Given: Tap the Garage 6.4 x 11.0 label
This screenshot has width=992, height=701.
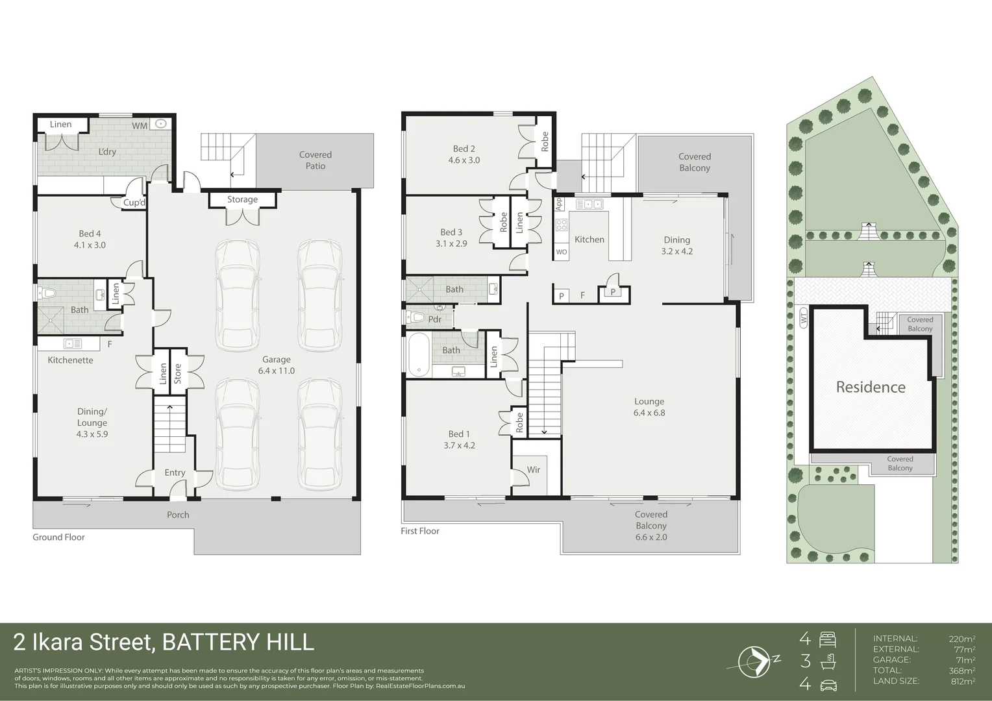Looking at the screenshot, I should click(x=276, y=365).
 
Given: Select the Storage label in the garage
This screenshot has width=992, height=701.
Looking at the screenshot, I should click(x=242, y=200).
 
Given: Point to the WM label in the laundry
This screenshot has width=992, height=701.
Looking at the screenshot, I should click(x=140, y=125).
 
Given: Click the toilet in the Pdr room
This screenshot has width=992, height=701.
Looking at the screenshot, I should click(x=417, y=318).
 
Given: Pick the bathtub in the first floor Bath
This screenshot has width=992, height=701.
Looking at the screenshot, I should click(x=419, y=354).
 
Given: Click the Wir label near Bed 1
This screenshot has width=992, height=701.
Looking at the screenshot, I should click(x=534, y=470).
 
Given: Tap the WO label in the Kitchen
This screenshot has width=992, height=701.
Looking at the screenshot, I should click(x=562, y=252).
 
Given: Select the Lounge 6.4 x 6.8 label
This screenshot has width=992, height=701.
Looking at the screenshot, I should click(x=649, y=407).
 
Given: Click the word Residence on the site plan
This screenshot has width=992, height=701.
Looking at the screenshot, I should click(x=870, y=387).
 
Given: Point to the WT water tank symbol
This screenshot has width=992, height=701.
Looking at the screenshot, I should click(x=803, y=319).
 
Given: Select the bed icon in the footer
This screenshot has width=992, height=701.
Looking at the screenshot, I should click(x=828, y=639).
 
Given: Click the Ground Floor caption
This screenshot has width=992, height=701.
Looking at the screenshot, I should click(x=59, y=537).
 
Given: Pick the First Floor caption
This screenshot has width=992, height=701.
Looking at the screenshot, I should click(x=420, y=531).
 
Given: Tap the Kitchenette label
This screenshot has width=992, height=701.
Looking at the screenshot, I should click(x=70, y=360).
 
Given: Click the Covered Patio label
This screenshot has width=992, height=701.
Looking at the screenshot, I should click(x=316, y=160).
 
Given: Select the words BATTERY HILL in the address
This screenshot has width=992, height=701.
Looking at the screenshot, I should click(x=238, y=642).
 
